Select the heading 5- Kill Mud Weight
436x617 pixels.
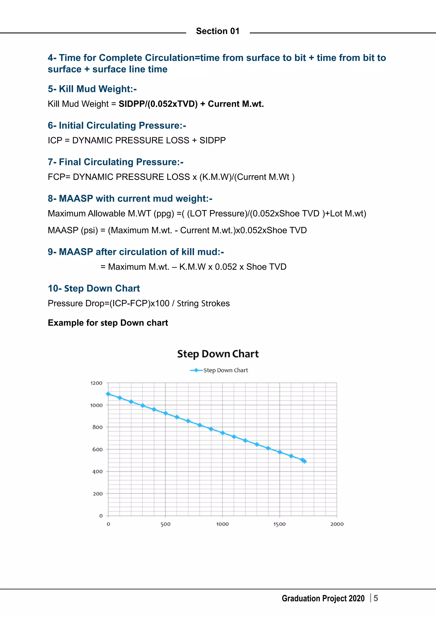point(92,89)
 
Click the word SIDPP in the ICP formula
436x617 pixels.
point(212,140)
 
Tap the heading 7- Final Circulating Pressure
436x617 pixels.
point(115,162)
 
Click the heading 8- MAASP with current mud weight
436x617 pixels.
point(130,199)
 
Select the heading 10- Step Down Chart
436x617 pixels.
point(94,288)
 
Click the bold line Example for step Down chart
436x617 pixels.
point(108,323)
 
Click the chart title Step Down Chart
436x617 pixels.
point(218,354)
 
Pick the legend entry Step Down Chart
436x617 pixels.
point(225,370)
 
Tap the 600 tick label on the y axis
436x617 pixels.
point(98,449)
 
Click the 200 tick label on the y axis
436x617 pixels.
point(98,494)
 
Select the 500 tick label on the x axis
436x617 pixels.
point(165,524)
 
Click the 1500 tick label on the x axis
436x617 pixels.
point(280,524)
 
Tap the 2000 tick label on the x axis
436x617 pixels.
point(337,524)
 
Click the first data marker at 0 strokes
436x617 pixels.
point(108,394)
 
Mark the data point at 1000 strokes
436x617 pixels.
point(222,433)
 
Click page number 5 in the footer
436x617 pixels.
point(376,598)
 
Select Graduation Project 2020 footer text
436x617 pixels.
point(323,598)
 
